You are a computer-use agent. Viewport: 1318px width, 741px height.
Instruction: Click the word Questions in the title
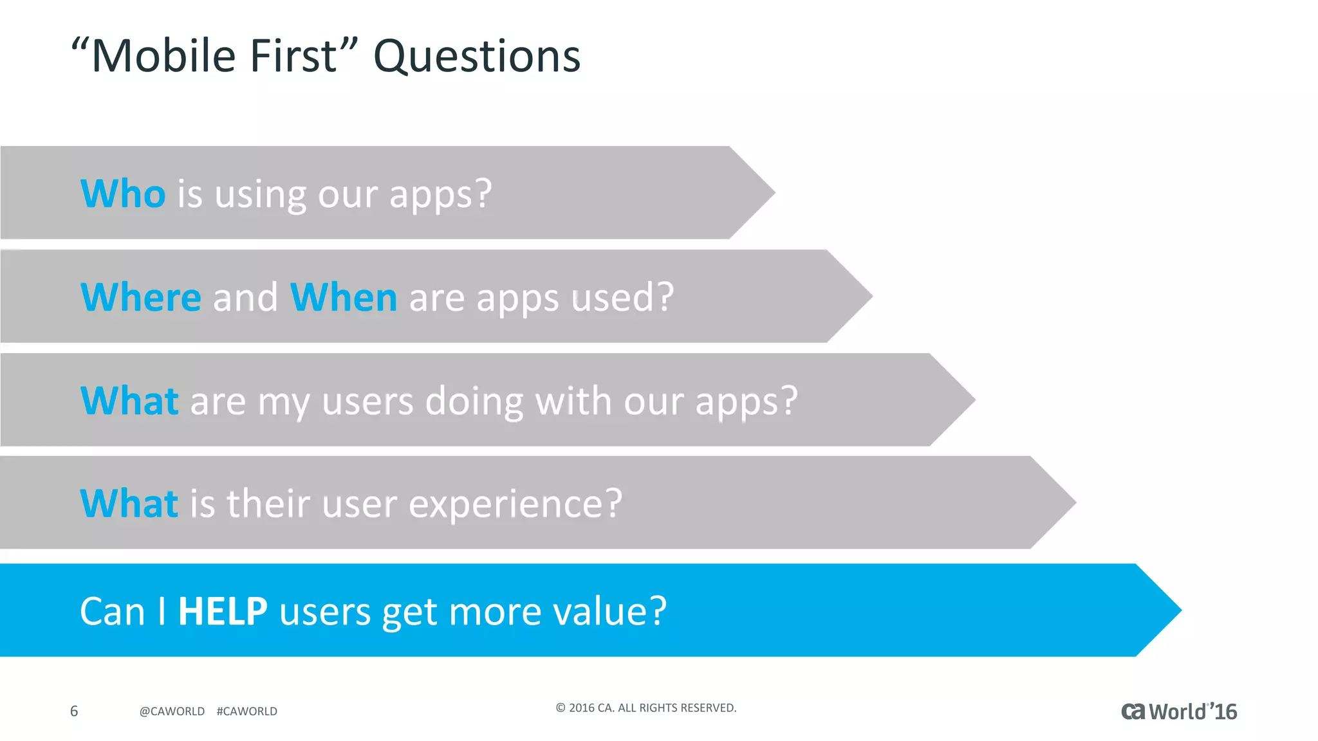pyautogui.click(x=477, y=57)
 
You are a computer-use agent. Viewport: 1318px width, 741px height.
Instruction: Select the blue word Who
pyautogui.click(x=123, y=194)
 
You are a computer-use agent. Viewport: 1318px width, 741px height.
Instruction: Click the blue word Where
pyautogui.click(x=141, y=297)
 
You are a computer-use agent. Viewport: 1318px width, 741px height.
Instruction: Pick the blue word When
pyautogui.click(x=343, y=297)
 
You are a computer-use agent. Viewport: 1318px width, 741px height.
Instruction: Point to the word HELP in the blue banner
pyautogui.click(x=223, y=611)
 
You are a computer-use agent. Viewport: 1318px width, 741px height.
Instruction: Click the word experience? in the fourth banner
pyautogui.click(x=515, y=503)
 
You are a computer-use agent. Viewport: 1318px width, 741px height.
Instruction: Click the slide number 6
pyautogui.click(x=74, y=711)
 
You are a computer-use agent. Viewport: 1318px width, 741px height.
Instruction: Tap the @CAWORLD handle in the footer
pyautogui.click(x=172, y=711)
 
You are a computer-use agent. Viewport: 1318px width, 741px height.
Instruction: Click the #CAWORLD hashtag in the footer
pyautogui.click(x=247, y=711)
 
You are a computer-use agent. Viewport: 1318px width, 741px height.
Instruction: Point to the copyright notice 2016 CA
pyautogui.click(x=645, y=708)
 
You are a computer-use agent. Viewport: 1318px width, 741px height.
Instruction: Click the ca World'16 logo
pyautogui.click(x=1179, y=711)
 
